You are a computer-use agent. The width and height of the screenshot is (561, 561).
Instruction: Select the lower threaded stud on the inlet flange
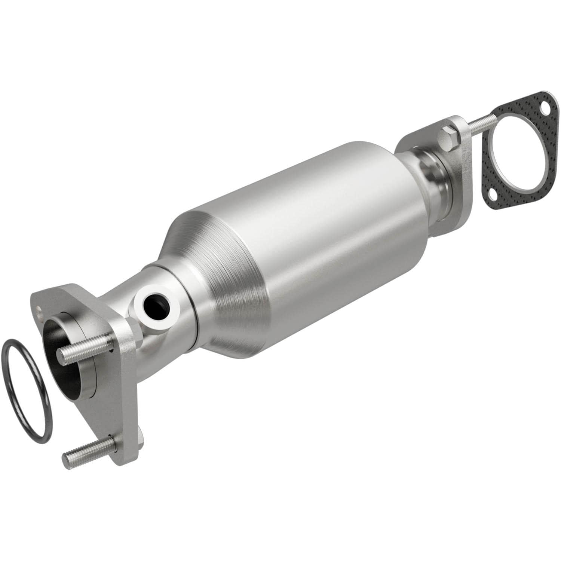coord(90,449)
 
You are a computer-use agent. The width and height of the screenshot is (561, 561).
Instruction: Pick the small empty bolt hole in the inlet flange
coord(39,309)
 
